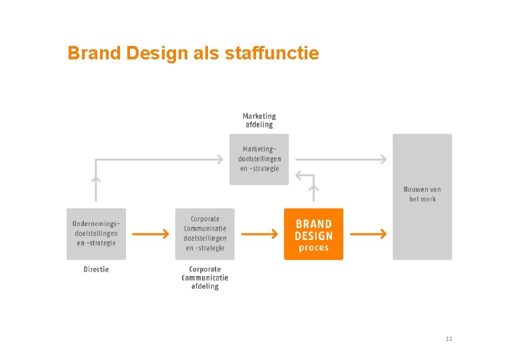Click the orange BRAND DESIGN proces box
pos(313,234)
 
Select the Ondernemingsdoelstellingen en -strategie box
pos(96,234)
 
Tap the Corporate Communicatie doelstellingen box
pos(205,234)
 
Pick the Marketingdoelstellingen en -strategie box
pos(259,159)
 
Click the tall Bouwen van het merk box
pos(422,196)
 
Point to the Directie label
pos(96,269)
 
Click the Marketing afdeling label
pos(259,120)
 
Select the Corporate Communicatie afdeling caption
pos(205,278)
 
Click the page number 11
pos(449,339)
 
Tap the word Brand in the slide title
pos(93,53)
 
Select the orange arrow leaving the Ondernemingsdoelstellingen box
pos(150,234)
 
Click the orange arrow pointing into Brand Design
pos(259,234)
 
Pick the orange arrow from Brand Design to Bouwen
pos(368,234)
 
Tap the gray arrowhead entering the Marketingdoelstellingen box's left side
pos(219,159)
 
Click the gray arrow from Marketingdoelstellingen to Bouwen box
pos(340,159)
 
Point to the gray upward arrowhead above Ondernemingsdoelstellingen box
pos(96,179)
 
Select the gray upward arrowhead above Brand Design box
pos(314,189)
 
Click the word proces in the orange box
pos(313,248)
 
